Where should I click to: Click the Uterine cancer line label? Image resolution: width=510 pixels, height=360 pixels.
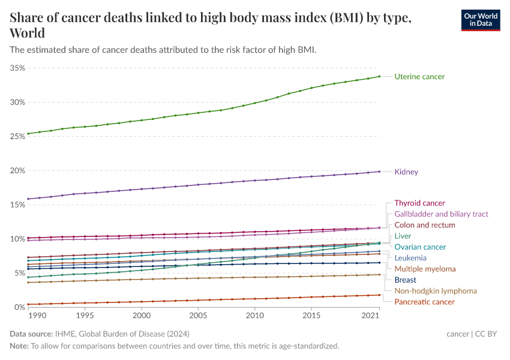coord(419,77)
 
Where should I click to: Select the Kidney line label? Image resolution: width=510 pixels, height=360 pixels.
coord(406,172)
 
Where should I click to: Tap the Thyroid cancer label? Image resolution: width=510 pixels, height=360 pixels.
coord(419,203)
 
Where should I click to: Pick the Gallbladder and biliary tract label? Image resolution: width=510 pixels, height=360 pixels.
coord(441,214)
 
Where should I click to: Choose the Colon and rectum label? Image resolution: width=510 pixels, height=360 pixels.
coord(421,226)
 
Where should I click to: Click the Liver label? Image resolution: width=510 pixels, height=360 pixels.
coord(403,236)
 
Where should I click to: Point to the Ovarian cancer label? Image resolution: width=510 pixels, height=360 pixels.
coord(420,247)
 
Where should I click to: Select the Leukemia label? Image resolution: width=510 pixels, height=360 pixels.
coord(410,258)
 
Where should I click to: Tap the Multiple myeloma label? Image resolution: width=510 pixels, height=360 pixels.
coord(425,269)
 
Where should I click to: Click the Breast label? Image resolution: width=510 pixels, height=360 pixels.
coord(405,280)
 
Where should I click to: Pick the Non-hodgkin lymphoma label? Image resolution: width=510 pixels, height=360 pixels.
coord(435,291)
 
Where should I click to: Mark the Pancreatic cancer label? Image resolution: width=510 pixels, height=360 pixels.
coord(424,302)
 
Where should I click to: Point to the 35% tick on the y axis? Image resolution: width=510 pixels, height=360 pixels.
coord(17,68)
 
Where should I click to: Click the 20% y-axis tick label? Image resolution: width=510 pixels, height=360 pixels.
coord(17,171)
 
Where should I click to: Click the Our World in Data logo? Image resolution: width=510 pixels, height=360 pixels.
coord(480,20)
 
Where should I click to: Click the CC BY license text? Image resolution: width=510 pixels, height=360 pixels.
coord(487,334)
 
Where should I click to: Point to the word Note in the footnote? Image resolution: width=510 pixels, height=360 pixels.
coord(20,346)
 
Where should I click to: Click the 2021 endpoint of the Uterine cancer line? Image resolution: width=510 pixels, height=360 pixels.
coord(379,76)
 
